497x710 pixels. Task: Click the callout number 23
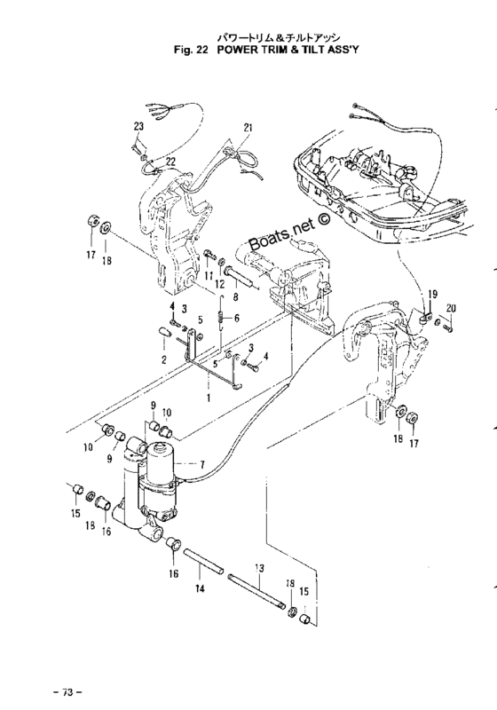pos(138,126)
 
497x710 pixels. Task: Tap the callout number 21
pos(247,128)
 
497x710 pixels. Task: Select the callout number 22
pos(170,162)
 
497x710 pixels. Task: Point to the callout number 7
pos(201,464)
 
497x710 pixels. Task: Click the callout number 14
pos(200,588)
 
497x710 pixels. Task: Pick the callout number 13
pos(259,568)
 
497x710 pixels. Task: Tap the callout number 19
pos(432,295)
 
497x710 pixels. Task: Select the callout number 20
pos(450,309)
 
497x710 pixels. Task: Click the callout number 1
pos(209,398)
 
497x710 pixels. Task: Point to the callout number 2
pos(163,360)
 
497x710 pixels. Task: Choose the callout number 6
pos(236,319)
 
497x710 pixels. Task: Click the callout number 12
pos(219,284)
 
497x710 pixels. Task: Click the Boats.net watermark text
pos(289,232)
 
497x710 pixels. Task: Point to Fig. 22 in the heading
pos(191,50)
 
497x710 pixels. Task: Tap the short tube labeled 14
pos(203,562)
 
